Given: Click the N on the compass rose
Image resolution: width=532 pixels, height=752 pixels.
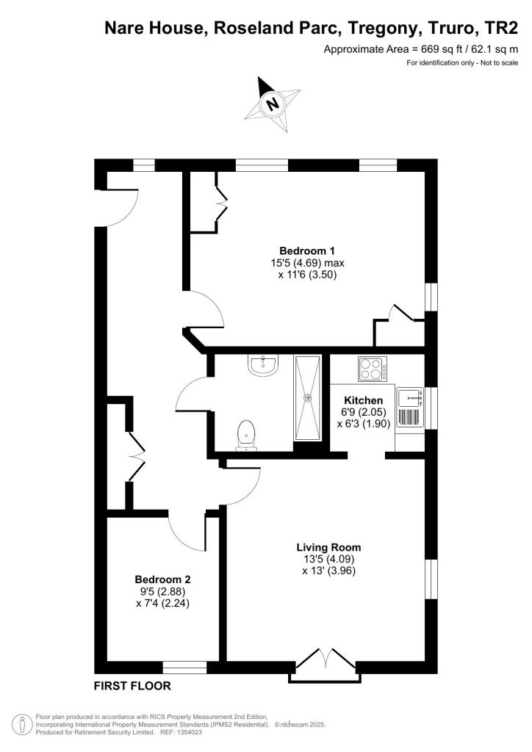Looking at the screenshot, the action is [x=273, y=104].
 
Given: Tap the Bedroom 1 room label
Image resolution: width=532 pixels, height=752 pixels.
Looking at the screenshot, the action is [x=307, y=251].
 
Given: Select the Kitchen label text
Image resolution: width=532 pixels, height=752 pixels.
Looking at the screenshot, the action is [x=364, y=400].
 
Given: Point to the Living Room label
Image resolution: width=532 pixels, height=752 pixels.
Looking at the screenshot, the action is [x=328, y=547].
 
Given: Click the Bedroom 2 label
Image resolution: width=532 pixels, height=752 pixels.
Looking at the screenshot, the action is [x=162, y=579].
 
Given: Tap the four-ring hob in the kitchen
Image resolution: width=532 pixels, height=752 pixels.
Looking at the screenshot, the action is [x=373, y=369].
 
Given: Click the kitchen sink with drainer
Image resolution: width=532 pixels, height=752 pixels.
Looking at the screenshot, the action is [x=410, y=407].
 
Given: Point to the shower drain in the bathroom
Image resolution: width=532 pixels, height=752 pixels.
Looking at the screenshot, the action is [x=307, y=397].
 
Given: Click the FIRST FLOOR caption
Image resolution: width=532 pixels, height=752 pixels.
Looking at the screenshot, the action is [x=132, y=686].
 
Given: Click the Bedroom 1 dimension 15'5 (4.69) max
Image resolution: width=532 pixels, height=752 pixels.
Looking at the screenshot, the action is [x=307, y=263].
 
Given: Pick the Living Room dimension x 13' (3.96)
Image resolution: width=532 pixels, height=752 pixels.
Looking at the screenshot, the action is [x=328, y=571].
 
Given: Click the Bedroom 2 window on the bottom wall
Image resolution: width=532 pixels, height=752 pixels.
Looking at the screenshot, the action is [x=184, y=667].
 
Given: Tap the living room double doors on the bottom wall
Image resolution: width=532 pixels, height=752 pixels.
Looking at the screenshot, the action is [x=326, y=664].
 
